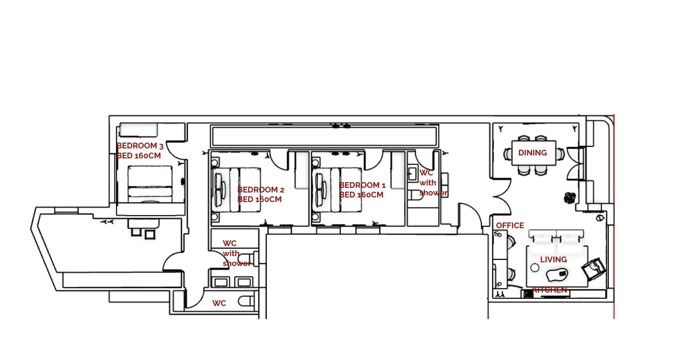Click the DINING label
pos(533,153)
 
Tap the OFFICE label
pos(510,226)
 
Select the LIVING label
pos(553,259)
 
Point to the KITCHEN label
pos(550,290)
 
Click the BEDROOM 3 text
pos(140,146)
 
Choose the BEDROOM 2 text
pos(261,190)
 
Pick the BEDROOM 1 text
pos(362,185)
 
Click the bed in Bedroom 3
pos(150,184)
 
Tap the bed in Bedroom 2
pos(236,190)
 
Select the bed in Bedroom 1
pos(337,190)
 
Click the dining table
pos(534,153)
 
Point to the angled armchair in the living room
pos(593,269)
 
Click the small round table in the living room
pos(535,268)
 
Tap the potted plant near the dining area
pos(570,198)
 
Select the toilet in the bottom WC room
pos(246,301)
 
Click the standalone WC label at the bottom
pos(219,303)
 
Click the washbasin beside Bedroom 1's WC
pos(413,173)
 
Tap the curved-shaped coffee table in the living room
pos(556,275)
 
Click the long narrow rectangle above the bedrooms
pos(324,136)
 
